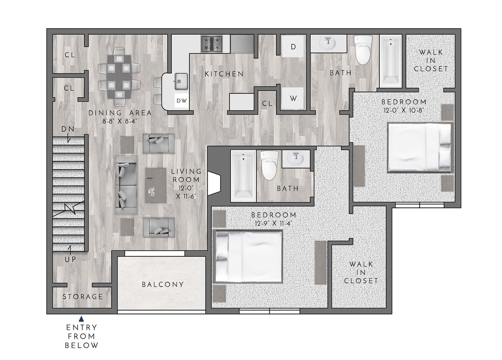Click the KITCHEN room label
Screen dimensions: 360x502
tap(224, 74)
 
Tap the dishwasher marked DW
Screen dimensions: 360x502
tap(181, 101)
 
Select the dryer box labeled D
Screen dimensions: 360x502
tap(293, 46)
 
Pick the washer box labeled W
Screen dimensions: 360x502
tap(293, 99)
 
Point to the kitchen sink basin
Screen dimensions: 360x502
tap(181, 80)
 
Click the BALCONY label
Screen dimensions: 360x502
tap(163, 284)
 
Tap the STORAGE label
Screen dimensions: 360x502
tap(83, 296)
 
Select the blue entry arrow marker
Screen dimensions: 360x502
tap(81, 318)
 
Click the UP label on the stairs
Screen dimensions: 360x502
tap(70, 259)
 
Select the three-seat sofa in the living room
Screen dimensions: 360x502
tap(126, 185)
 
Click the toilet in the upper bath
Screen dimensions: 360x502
tap(363, 49)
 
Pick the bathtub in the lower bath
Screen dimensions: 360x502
tap(243, 175)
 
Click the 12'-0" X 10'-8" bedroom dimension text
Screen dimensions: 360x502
tap(403, 110)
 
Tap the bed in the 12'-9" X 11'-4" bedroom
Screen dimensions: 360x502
tap(249, 257)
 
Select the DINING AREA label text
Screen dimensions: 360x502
tap(120, 113)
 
